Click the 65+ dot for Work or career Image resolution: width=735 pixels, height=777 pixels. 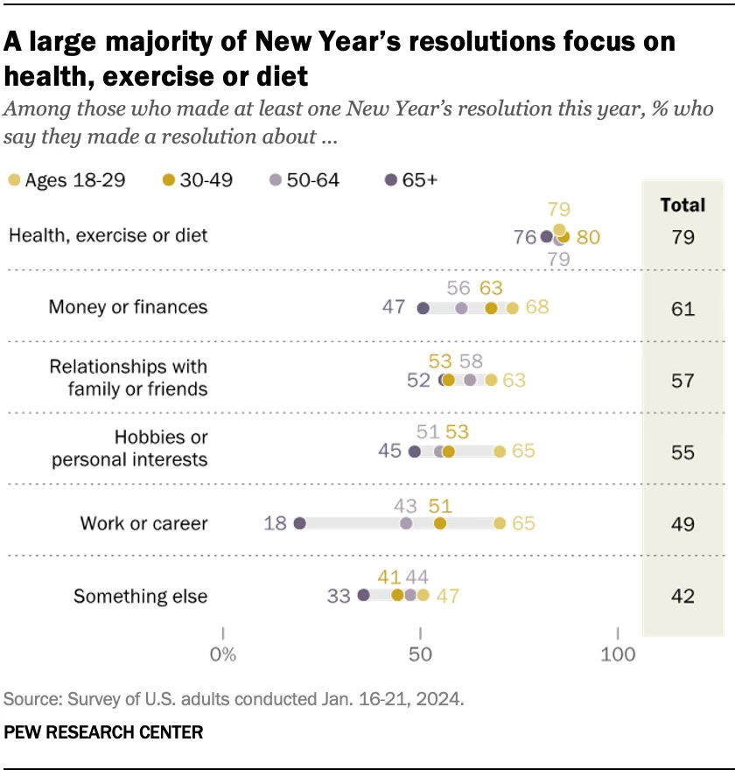tap(299, 523)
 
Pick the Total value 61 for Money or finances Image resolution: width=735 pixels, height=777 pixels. tap(682, 309)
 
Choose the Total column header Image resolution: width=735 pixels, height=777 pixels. tap(682, 205)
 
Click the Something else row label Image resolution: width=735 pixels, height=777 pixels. tap(141, 597)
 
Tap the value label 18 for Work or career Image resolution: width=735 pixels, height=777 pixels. tap(276, 523)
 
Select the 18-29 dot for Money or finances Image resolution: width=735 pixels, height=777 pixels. tap(513, 308)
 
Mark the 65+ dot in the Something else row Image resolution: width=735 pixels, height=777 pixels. tap(364, 595)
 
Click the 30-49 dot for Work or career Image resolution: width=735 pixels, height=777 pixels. tap(439, 523)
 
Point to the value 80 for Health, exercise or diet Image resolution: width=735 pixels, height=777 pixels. tap(588, 236)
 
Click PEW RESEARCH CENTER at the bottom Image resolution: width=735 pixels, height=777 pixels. tap(103, 732)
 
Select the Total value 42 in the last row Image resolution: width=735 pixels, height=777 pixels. tap(682, 596)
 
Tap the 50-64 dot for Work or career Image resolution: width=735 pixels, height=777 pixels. tap(406, 523)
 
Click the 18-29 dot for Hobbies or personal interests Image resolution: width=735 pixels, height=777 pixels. tap(500, 451)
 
